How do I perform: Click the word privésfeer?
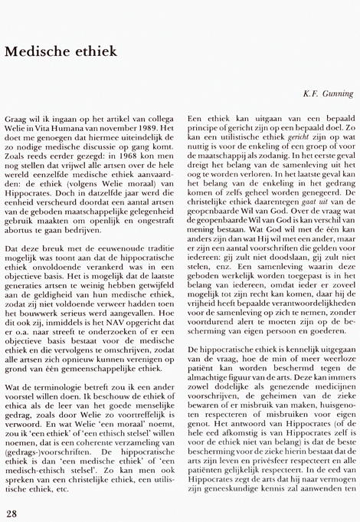click(x=267, y=464)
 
